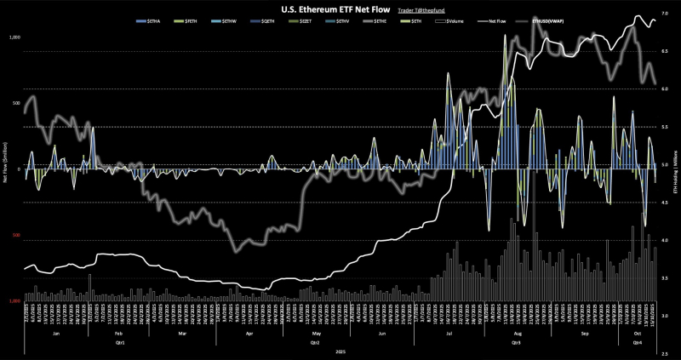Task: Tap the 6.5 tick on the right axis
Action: [665, 51]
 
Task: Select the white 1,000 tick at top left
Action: [14, 38]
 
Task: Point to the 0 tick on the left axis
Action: [18, 169]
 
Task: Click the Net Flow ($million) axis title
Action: [5, 169]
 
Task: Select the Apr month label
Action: [249, 334]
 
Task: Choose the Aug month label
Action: [516, 334]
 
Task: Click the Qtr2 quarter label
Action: [315, 342]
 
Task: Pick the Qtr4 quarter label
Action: [637, 342]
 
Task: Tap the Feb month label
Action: [118, 334]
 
